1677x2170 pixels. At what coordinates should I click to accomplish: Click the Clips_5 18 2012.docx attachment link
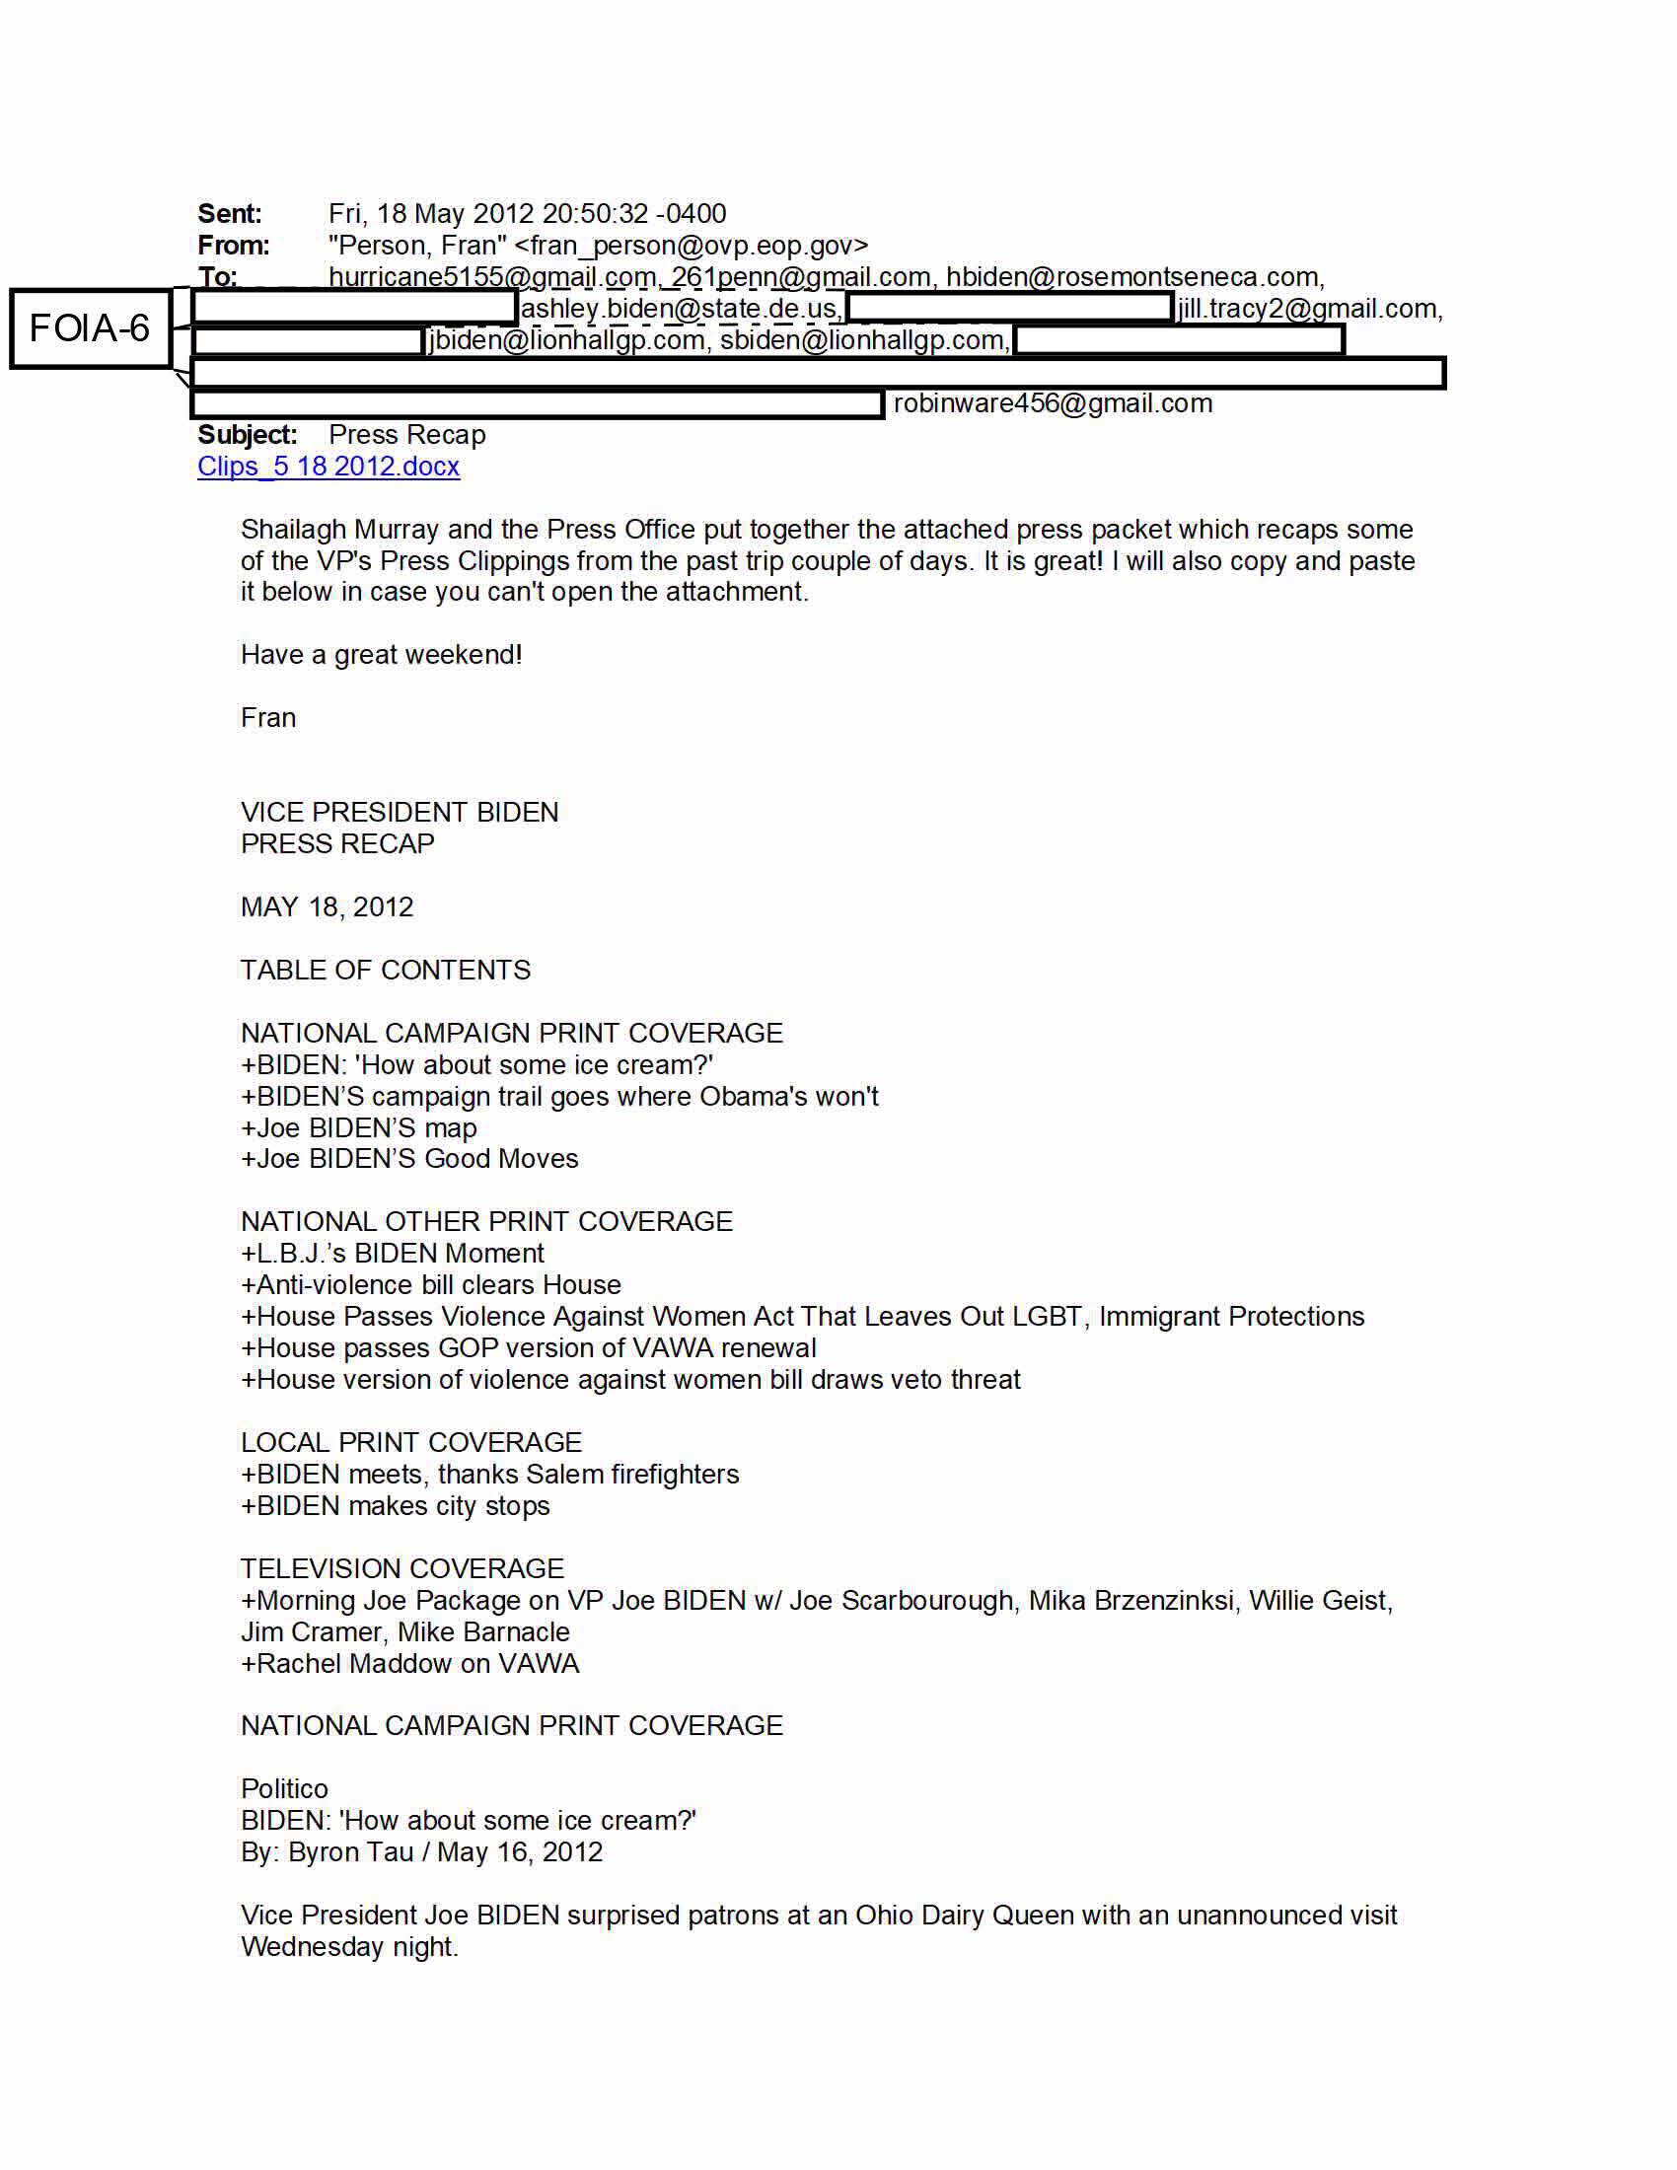point(328,466)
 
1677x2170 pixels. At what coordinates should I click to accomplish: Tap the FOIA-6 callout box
point(90,327)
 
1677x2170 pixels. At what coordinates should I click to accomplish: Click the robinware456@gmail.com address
point(1053,403)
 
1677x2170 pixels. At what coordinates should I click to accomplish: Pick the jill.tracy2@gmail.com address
point(1307,309)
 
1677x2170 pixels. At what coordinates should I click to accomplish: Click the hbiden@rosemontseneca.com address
point(1131,277)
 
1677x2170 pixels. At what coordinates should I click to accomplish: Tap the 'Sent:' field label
point(230,214)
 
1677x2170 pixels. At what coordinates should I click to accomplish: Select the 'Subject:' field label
point(248,435)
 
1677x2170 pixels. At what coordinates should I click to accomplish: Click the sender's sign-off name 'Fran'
point(268,717)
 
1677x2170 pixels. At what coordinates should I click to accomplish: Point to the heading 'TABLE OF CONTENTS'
point(386,970)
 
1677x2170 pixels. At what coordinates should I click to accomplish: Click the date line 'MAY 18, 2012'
point(327,907)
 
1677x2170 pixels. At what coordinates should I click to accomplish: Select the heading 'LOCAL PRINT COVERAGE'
point(411,1442)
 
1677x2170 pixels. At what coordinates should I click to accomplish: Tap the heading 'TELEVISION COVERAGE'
point(402,1568)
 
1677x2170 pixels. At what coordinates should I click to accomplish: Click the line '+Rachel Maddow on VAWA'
point(409,1663)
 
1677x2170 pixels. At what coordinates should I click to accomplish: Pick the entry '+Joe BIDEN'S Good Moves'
point(409,1159)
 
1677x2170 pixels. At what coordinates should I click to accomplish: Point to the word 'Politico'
point(284,1788)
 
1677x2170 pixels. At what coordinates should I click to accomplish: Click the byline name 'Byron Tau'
point(351,1852)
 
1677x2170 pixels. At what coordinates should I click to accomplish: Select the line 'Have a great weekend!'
point(382,655)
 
